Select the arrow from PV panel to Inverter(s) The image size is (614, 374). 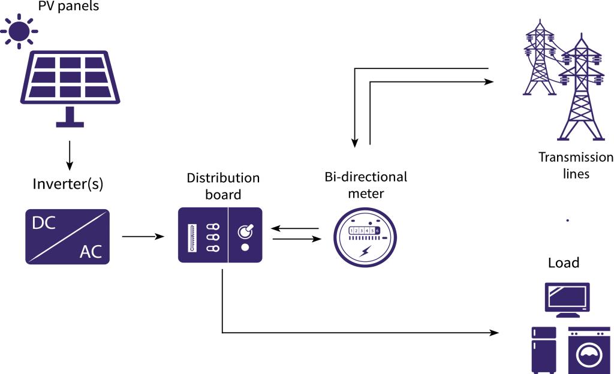click(70, 155)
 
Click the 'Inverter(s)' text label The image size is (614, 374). click(68, 184)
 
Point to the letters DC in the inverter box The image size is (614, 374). click(44, 223)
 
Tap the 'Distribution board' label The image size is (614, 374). click(223, 186)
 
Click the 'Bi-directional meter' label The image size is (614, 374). click(366, 185)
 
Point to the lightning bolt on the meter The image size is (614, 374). click(365, 252)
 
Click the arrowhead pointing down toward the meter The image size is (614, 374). click(355, 143)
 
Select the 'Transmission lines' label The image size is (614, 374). click(576, 165)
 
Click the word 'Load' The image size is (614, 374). click(563, 263)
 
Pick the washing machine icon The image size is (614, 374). click(589, 350)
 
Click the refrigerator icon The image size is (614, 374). click(544, 350)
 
